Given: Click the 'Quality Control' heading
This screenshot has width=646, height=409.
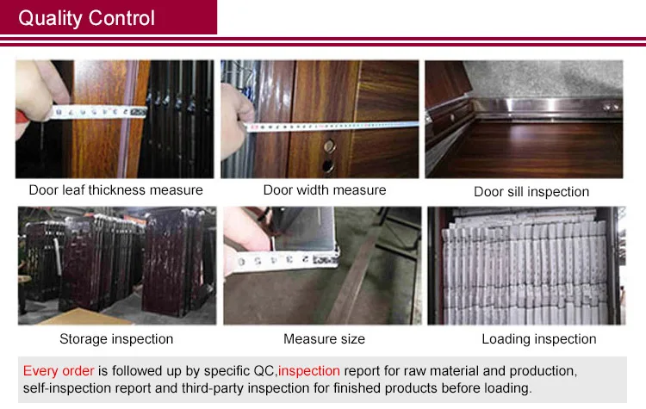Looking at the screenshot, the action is [x=86, y=18].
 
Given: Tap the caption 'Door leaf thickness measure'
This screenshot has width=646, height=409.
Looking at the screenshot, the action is [x=115, y=190].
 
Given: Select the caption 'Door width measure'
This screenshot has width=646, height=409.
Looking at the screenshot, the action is [x=325, y=190].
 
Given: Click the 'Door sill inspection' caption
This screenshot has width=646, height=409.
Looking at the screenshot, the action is [x=531, y=191].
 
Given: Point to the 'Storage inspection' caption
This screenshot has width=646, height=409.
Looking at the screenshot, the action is [x=116, y=339].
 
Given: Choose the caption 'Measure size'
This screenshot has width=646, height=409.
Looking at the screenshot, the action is [x=324, y=339].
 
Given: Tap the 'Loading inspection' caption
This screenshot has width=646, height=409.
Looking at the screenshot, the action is [x=539, y=339].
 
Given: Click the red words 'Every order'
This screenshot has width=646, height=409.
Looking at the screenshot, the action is [x=59, y=371].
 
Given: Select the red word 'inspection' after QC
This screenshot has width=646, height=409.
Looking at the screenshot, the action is [x=309, y=371].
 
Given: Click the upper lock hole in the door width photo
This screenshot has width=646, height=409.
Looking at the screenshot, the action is [x=329, y=146].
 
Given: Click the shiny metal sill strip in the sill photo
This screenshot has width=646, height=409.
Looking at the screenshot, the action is [x=544, y=106].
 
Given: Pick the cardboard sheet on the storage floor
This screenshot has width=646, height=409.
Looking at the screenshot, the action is [x=83, y=317].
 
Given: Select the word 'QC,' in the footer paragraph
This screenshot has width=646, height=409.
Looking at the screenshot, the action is [x=265, y=371].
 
